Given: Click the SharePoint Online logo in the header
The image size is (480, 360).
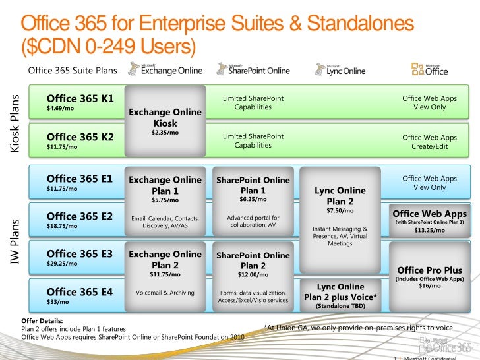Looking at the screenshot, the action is coord(253,70).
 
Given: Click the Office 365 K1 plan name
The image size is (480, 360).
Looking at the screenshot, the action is coord(80,99).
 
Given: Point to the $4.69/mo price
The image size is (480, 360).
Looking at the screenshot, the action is coord(61,109).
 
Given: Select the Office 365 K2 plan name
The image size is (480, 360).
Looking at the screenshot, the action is coord(80,137).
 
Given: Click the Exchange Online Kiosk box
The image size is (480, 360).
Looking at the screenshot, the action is coord(165,119).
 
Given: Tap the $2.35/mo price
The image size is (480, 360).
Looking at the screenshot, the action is coord(165,133).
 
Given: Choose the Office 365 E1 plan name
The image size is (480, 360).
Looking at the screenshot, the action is coord(79,178).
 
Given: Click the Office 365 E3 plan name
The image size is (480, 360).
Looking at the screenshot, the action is coord(79,254).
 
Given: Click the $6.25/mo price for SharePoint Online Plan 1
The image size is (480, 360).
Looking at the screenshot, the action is coord(253,199).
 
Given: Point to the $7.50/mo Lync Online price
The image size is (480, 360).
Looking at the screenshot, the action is coord(340,211).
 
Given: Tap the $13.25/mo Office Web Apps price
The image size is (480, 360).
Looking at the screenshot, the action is coord(429,231).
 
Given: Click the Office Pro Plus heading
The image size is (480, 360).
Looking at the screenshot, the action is coord(429,270).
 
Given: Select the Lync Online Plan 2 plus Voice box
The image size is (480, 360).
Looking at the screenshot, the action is coord(340,295).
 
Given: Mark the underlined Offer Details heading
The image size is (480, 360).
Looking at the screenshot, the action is coord(43,321).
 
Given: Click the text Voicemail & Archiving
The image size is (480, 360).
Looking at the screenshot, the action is coord(165,293).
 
